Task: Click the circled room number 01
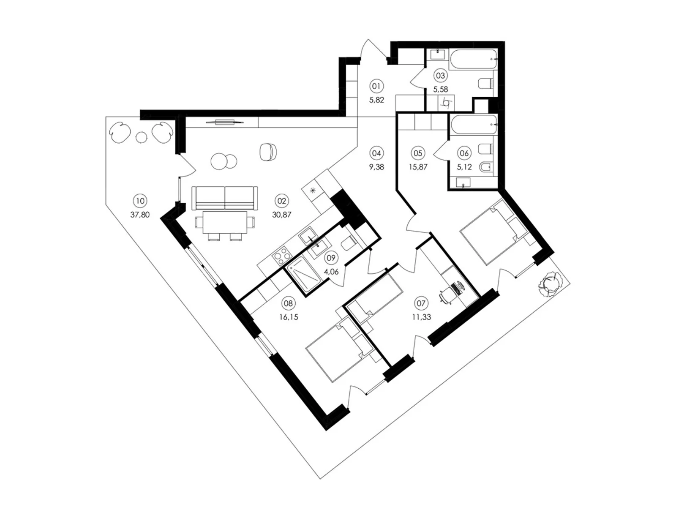(x=376, y=87)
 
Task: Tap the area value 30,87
(x=281, y=215)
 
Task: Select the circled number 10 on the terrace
(x=140, y=202)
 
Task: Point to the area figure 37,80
(x=140, y=215)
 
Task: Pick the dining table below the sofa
(x=225, y=223)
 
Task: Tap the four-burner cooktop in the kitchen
(x=281, y=256)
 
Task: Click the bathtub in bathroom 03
(x=473, y=59)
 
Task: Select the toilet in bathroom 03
(x=486, y=83)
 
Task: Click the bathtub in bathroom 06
(x=473, y=125)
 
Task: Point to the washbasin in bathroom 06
(x=463, y=183)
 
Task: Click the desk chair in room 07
(x=445, y=295)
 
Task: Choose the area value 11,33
(x=421, y=317)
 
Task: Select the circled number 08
(x=288, y=303)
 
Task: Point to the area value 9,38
(x=376, y=167)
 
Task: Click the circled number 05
(x=418, y=153)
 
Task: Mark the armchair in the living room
(x=268, y=152)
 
